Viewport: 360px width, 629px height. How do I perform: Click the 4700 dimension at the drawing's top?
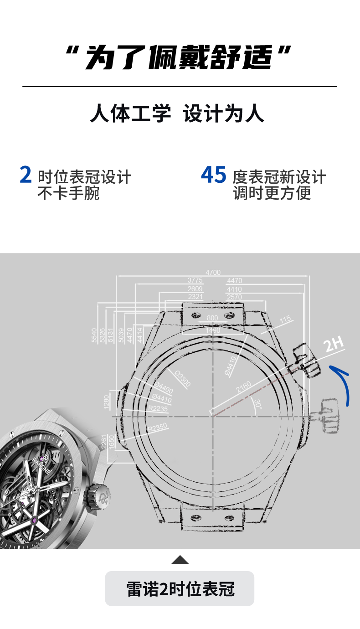[x=213, y=273]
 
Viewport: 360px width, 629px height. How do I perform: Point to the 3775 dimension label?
[x=195, y=281]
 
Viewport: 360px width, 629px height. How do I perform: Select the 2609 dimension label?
[x=195, y=289]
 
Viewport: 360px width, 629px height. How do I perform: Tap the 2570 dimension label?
[x=234, y=297]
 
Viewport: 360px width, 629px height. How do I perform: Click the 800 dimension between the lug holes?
[x=212, y=318]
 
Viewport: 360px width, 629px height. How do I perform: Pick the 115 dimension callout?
[x=285, y=320]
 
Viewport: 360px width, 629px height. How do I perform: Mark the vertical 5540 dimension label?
[x=94, y=335]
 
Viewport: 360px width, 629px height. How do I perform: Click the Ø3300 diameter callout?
[x=183, y=379]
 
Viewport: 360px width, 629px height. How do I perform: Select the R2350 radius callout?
[x=157, y=428]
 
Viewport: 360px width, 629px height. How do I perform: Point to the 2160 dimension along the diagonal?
[x=244, y=387]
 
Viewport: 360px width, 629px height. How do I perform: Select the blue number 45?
[x=213, y=175]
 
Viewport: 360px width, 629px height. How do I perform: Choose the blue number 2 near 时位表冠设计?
[x=26, y=175]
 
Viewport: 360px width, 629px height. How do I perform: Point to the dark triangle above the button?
[x=180, y=560]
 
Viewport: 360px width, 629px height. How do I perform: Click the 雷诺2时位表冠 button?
[x=180, y=588]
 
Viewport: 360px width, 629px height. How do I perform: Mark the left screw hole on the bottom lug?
[x=196, y=517]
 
